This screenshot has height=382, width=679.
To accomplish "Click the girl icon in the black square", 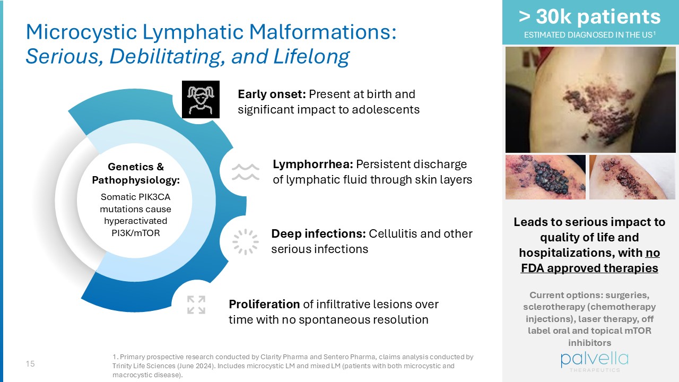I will coord(201,99).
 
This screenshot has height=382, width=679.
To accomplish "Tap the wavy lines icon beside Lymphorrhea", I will coord(245,172).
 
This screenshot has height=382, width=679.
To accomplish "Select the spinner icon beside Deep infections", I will coord(245,241).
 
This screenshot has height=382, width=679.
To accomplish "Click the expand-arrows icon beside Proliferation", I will coord(196,305).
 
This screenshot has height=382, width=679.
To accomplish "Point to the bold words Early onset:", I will coord(271,94).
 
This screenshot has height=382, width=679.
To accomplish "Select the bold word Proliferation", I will coord(264,304).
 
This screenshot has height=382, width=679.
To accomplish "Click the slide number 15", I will coord(30,364).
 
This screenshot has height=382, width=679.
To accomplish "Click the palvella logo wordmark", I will coord(594,360).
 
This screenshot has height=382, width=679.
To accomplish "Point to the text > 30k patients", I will coord(589,17).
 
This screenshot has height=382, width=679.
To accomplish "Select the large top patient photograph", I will coord(589,100).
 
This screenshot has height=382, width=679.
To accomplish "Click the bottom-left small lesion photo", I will coord(545,177).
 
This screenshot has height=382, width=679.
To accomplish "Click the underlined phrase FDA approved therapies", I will coord(589,268).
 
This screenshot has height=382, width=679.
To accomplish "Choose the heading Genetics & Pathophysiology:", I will coord(136,173).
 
